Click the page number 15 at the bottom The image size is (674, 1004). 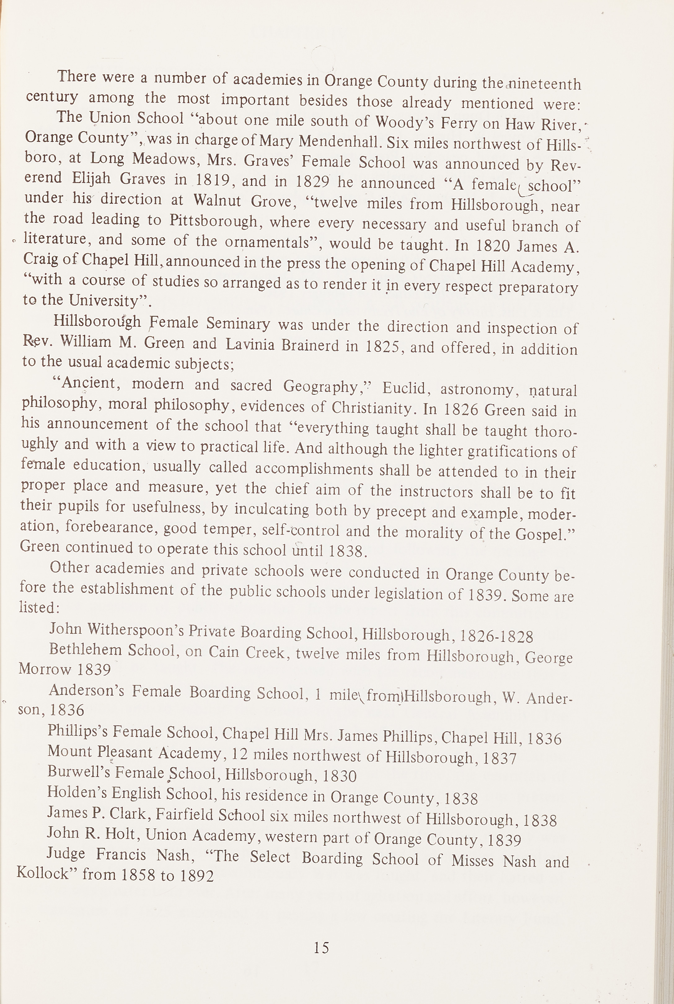[x=321, y=948]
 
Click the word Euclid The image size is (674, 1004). [x=404, y=388]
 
